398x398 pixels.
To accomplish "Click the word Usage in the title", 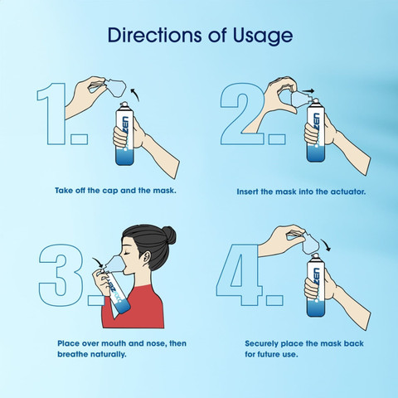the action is point(263,36).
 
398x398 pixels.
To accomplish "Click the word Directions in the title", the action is point(154,35).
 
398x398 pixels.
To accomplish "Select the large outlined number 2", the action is point(242,114).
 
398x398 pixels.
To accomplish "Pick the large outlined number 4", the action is point(240,274).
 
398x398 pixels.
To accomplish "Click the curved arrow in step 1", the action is point(135,95).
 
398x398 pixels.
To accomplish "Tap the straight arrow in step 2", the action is point(308,90).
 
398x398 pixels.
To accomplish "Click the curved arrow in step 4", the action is point(326,245).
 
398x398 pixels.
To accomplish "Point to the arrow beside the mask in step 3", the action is point(98,263).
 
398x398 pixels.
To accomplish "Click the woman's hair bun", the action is point(168,235).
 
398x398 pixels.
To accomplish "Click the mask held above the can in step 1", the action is point(115,87).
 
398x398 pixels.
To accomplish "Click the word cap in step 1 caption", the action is point(110,191).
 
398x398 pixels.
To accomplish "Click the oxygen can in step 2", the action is point(316,131).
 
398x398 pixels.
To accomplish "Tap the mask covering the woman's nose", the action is point(114,262).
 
